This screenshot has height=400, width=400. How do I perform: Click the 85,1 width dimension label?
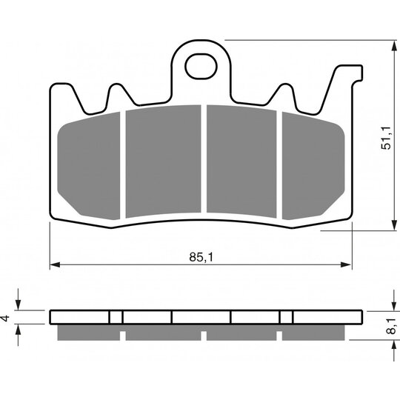click(x=201, y=257)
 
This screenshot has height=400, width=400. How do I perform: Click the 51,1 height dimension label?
click(x=386, y=138)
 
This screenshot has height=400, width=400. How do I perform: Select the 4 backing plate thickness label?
click(x=5, y=318)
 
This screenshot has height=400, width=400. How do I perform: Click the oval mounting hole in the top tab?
click(x=201, y=67)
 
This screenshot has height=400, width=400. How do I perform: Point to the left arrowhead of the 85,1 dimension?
click(x=55, y=264)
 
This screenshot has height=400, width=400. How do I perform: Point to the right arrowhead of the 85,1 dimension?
click(x=347, y=264)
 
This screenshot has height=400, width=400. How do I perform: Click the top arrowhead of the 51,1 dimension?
click(x=394, y=46)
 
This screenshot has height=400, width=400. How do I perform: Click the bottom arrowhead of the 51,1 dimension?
click(x=394, y=225)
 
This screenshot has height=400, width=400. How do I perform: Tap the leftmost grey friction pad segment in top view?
click(x=89, y=166)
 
